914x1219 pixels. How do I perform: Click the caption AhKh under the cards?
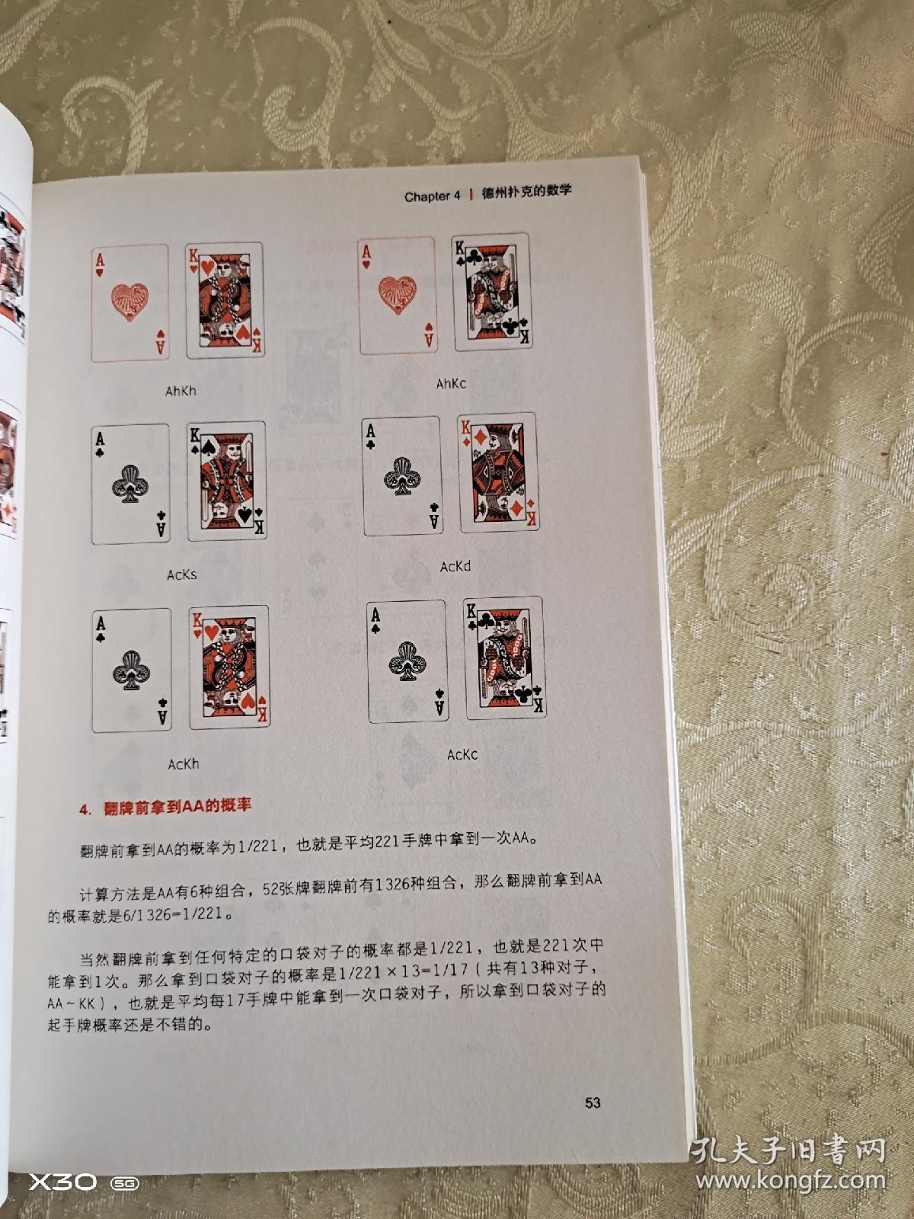click(x=181, y=391)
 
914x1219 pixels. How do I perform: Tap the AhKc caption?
click(x=451, y=384)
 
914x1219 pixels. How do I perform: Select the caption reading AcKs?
click(x=182, y=574)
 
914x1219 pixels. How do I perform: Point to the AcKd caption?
click(x=455, y=566)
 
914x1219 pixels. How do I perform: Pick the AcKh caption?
click(x=184, y=763)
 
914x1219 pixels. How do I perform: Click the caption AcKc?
click(x=462, y=754)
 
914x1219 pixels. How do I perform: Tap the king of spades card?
click(x=226, y=481)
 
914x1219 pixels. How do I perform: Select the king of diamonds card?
click(x=497, y=473)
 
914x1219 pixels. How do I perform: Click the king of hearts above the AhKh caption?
click(x=225, y=301)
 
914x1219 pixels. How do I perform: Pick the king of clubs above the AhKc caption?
click(x=493, y=292)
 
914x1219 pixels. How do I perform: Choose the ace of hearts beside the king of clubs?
click(x=397, y=296)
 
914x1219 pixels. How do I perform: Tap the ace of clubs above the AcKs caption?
click(x=130, y=485)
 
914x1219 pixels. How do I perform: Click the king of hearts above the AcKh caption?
click(x=228, y=667)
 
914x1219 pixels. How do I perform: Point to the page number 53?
click(x=593, y=1102)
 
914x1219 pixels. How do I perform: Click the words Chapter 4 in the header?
click(x=432, y=197)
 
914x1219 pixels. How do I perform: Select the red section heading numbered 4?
click(x=165, y=807)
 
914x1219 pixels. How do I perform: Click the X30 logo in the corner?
click(x=63, y=1182)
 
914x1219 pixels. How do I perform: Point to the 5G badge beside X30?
click(x=124, y=1183)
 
